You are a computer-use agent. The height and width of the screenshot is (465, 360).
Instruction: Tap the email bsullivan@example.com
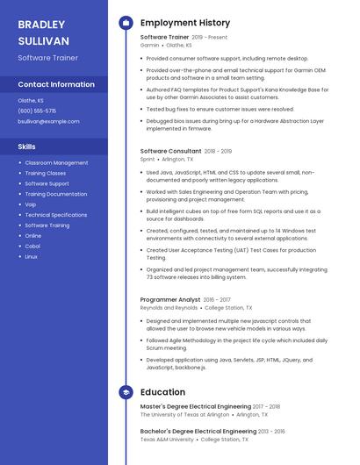click(48, 121)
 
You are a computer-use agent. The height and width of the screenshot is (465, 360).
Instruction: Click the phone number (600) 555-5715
click(37, 111)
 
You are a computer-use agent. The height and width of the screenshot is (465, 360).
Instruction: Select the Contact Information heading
click(56, 84)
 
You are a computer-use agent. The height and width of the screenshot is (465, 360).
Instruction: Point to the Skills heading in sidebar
click(27, 147)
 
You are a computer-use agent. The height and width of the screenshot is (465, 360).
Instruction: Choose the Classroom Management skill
click(56, 162)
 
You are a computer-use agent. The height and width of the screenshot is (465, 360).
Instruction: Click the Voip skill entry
click(31, 204)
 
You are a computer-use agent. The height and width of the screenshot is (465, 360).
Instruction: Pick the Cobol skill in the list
click(32, 247)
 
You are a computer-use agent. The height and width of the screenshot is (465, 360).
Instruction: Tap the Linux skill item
click(32, 257)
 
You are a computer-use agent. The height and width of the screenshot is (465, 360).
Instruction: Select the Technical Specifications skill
click(56, 215)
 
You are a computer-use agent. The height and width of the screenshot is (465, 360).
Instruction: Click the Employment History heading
click(184, 23)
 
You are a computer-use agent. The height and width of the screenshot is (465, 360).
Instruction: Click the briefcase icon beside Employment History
click(126, 23)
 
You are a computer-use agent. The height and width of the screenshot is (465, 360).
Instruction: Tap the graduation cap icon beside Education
click(126, 392)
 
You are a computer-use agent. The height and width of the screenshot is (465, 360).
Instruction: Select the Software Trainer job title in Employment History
click(164, 38)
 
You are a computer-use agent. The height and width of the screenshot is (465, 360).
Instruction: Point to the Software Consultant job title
click(170, 151)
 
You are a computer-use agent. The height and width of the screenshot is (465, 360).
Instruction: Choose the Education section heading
click(162, 392)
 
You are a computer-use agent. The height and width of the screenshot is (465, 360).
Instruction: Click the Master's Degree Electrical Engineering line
click(196, 407)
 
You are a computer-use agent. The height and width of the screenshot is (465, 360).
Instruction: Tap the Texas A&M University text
click(167, 440)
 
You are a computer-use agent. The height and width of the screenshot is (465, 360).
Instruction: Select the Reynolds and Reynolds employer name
click(169, 308)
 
